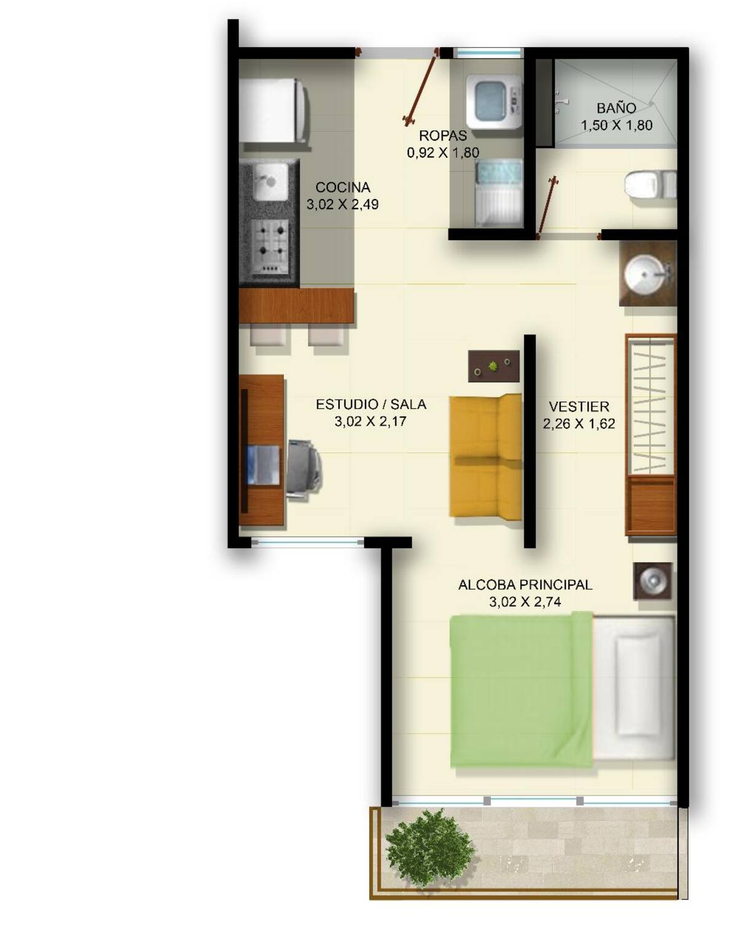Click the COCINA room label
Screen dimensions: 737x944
(342, 187)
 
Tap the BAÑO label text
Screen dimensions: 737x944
(616, 107)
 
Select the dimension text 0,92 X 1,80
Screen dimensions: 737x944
(443, 152)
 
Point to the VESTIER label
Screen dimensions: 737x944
(579, 407)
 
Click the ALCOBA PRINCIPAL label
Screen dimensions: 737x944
(524, 585)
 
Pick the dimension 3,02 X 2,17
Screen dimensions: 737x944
(370, 421)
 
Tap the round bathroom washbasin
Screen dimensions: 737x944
(644, 274)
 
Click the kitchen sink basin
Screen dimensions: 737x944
(270, 182)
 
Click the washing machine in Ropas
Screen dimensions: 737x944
(494, 101)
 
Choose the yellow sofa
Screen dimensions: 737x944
(485, 456)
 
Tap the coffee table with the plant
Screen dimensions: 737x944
(493, 366)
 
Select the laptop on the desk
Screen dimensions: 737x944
(263, 464)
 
